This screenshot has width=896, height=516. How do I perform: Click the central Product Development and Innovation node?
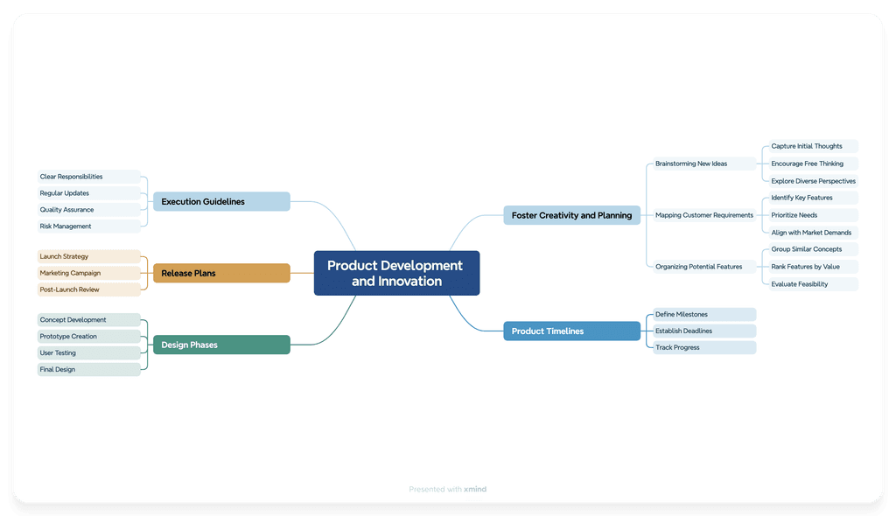point(396,273)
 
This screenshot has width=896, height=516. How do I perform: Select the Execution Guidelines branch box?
point(221,202)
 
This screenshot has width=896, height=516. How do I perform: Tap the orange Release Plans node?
point(221,274)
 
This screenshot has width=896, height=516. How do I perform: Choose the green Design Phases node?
point(221,345)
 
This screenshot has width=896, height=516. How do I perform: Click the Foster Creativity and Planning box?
point(571,215)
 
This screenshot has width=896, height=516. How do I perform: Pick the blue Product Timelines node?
point(571,331)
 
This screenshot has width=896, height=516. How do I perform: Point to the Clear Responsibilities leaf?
point(88,177)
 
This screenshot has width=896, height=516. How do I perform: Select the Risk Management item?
point(88,227)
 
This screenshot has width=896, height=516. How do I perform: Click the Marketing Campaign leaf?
point(88,273)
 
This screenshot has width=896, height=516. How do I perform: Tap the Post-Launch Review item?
point(88,289)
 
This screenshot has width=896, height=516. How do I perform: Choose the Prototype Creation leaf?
point(88,337)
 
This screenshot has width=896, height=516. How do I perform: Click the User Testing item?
point(88,353)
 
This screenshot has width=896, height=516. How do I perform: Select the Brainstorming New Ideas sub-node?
point(702,164)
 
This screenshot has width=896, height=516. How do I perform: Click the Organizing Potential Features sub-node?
point(702,267)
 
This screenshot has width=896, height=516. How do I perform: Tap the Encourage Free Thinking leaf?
point(811,164)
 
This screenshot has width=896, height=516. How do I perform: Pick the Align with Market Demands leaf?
point(811,233)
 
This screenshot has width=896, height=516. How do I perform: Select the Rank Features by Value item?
point(811,267)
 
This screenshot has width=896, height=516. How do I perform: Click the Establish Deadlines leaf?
point(703,331)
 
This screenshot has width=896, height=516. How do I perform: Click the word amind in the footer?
point(475,490)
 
